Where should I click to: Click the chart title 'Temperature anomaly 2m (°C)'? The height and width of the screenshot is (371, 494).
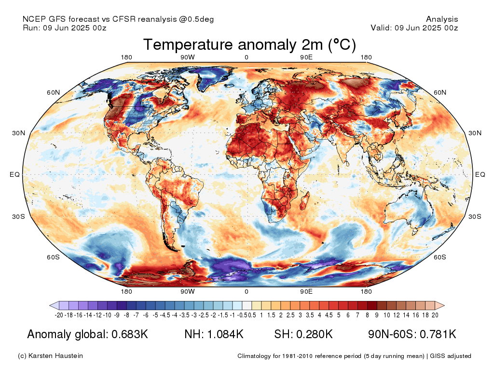click(x=249, y=45)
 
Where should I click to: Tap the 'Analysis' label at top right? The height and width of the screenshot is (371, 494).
click(x=442, y=19)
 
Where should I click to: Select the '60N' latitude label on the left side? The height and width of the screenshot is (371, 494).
click(x=53, y=92)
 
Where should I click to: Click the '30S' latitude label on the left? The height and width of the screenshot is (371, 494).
click(x=18, y=216)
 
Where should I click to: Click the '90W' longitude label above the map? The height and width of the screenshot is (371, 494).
click(x=188, y=57)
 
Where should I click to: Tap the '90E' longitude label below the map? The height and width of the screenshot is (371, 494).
click(x=306, y=292)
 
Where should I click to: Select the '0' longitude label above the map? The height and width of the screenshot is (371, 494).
click(x=247, y=57)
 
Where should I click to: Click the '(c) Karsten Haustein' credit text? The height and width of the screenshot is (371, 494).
click(x=50, y=356)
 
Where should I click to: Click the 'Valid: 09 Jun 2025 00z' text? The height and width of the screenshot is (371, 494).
click(x=414, y=28)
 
